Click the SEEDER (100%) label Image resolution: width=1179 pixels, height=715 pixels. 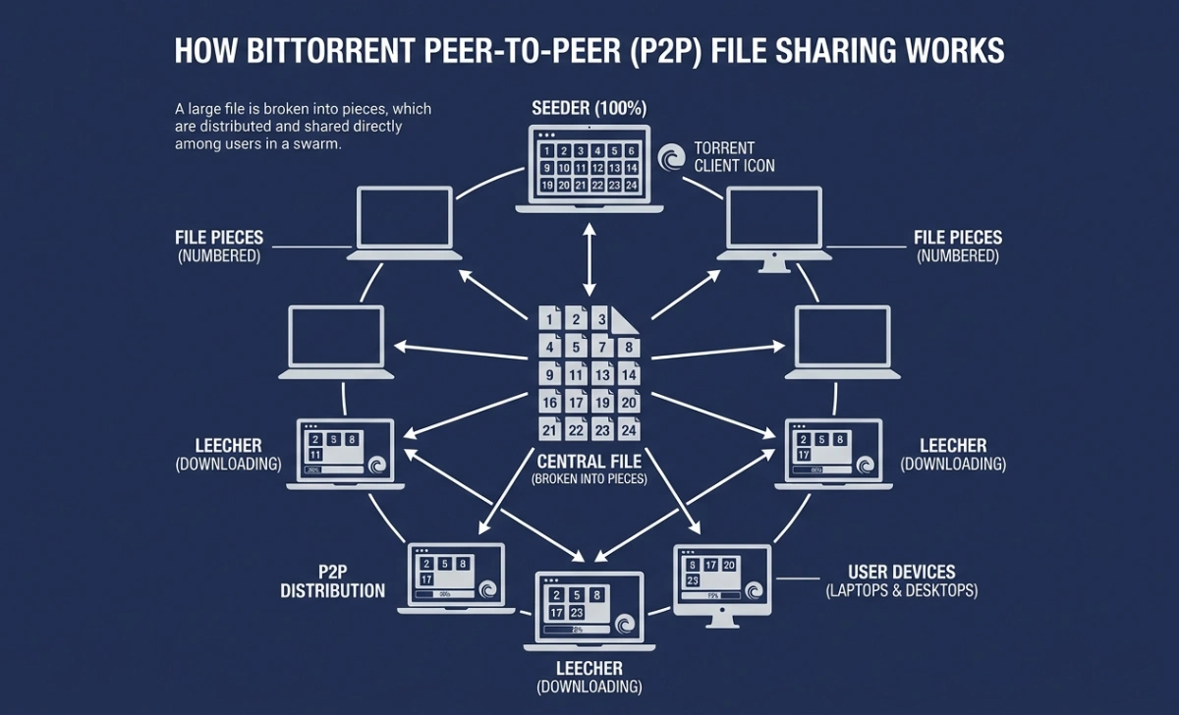click(x=589, y=108)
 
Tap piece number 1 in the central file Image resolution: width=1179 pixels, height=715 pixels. click(x=550, y=319)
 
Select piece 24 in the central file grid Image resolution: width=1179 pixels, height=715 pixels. click(x=630, y=430)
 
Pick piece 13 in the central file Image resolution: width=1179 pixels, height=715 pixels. click(x=603, y=375)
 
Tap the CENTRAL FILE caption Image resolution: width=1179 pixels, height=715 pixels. click(x=589, y=461)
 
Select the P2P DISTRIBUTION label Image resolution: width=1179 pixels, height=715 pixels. click(x=332, y=581)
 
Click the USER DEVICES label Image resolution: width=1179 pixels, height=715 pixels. click(x=901, y=572)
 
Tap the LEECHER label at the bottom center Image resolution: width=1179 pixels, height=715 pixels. click(x=589, y=669)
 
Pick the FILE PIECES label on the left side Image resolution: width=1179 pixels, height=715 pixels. click(x=218, y=238)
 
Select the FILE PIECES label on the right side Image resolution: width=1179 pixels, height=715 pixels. click(x=957, y=238)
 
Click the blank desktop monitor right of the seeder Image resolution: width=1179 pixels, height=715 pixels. click(x=773, y=221)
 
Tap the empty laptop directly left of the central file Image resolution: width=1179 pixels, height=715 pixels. click(x=336, y=336)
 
